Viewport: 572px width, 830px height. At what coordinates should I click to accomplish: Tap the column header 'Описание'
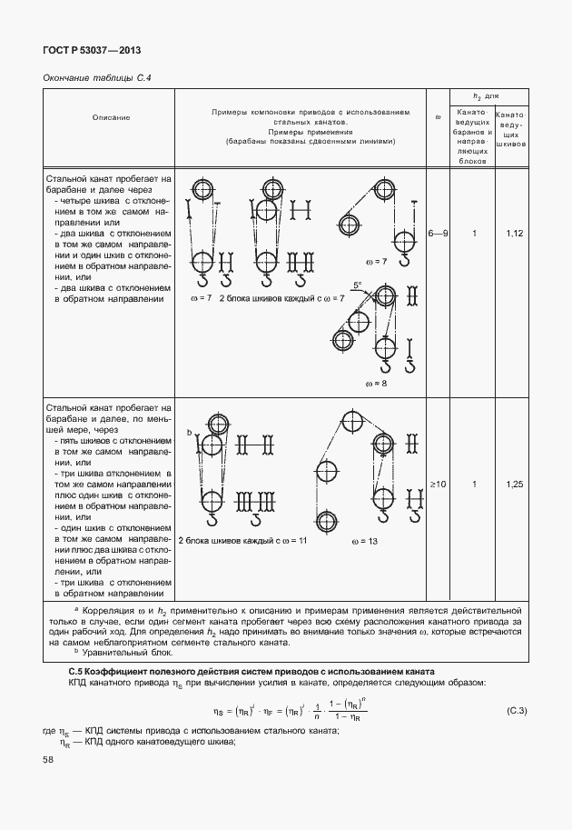[111, 118]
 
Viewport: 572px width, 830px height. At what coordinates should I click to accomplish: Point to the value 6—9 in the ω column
[438, 234]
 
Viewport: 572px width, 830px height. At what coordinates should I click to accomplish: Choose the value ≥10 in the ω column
[438, 484]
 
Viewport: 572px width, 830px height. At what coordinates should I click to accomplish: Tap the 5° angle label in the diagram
[358, 285]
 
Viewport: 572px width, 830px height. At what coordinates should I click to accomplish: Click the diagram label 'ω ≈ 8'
[377, 384]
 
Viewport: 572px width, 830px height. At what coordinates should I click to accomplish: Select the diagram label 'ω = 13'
[365, 542]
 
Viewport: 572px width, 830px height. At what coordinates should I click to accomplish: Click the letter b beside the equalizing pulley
[189, 432]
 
